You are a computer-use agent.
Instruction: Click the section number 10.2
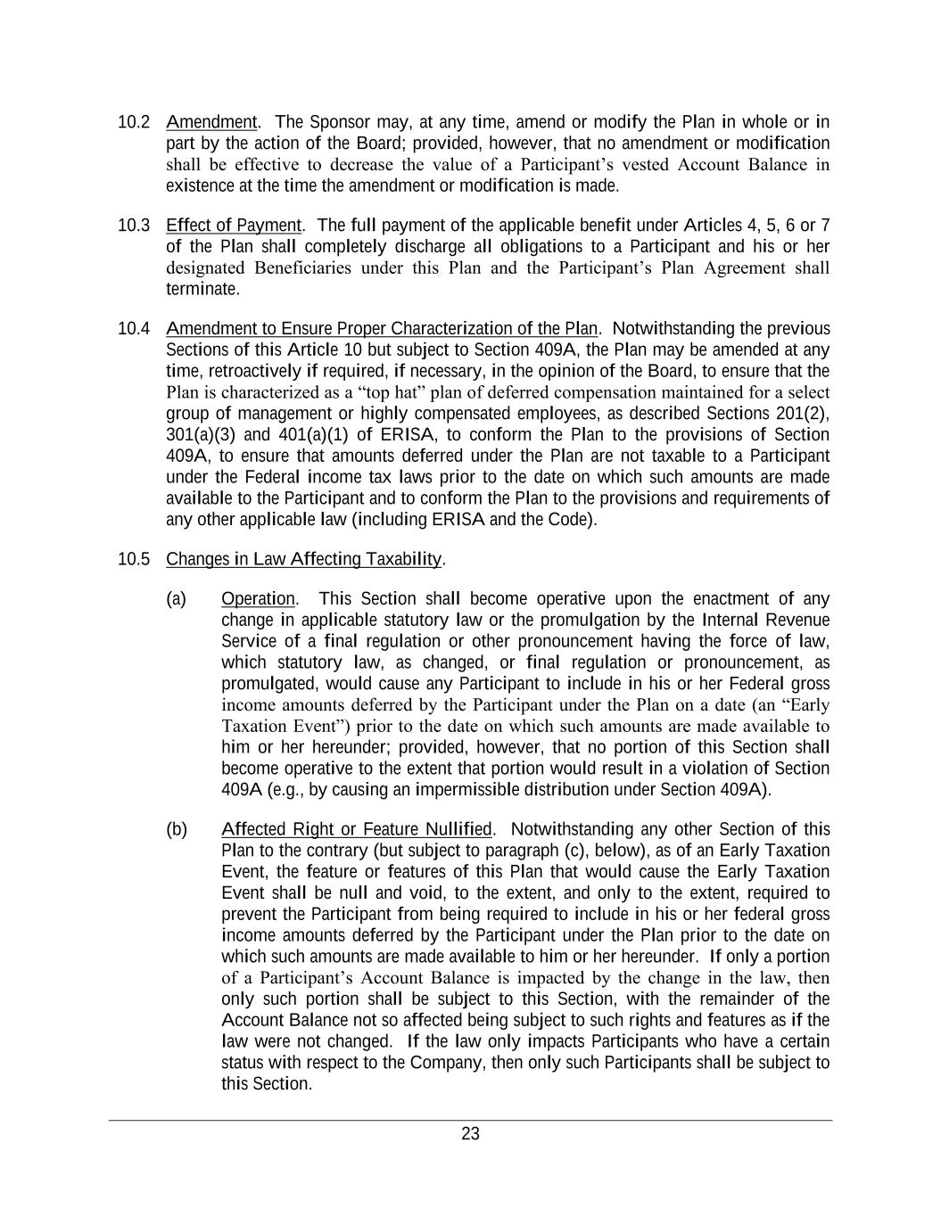point(134,122)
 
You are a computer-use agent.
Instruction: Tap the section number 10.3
point(134,226)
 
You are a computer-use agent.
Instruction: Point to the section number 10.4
point(134,329)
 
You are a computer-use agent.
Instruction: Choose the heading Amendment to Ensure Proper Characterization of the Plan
point(382,329)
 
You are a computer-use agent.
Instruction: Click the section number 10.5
point(134,560)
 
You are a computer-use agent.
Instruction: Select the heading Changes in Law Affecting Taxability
point(304,560)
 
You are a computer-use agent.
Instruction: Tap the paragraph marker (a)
point(177,599)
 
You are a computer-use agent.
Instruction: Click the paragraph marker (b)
point(177,830)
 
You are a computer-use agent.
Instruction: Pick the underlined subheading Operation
point(258,599)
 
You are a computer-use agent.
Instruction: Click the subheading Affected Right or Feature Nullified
point(357,830)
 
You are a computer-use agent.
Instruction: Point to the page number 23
point(470,1134)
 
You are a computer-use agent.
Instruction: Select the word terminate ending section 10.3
point(202,290)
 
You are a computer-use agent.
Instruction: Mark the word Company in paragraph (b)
point(441,1063)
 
